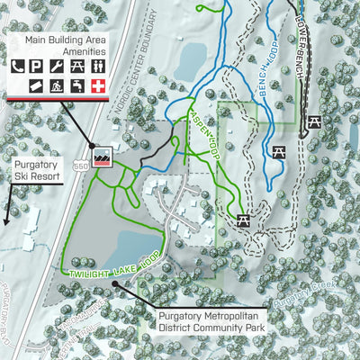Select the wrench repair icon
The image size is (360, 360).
click(58, 65)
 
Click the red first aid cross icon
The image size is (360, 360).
click(97, 85)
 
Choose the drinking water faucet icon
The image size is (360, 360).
click(77, 85)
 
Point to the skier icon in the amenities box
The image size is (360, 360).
click(58, 85)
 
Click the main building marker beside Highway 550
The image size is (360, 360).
click(101, 155)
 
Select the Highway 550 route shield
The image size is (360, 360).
click(82, 166)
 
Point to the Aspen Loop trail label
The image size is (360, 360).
click(202, 126)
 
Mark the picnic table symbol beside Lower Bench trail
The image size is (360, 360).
click(315, 121)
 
